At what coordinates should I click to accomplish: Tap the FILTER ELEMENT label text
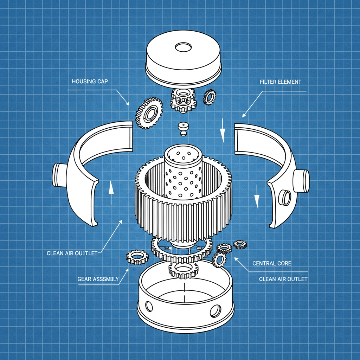click(x=280, y=82)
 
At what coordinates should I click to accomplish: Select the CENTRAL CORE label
click(x=272, y=263)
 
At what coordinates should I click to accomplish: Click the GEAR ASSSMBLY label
click(x=98, y=279)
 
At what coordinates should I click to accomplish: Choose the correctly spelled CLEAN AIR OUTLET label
click(x=283, y=279)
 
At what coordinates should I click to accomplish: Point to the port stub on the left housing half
click(x=58, y=174)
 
